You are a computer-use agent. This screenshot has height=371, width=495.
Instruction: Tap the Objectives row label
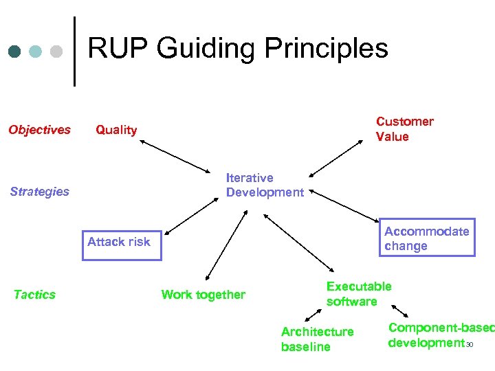39,130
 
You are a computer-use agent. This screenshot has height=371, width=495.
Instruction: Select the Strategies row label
39,192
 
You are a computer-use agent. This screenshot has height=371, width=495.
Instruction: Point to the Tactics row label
34,295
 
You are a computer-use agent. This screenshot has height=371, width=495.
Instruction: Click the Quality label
116,130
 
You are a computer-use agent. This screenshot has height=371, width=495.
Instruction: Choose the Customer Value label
404,129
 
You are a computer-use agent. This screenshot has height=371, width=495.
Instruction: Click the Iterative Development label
265,185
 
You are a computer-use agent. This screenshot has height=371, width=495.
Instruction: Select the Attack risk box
122,245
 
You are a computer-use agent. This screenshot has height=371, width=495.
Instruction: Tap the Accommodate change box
426,238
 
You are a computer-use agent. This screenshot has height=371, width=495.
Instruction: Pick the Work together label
203,295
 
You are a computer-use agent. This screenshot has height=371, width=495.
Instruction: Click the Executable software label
358,294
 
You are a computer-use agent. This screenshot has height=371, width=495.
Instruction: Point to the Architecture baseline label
317,339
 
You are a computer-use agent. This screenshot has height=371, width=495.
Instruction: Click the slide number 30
470,345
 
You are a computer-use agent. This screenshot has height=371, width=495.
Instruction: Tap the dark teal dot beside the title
15,52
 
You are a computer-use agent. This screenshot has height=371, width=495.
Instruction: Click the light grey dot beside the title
57,52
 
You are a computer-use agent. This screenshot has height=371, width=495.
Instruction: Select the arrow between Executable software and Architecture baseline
313,315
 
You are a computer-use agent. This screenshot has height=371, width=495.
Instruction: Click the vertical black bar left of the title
74,52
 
